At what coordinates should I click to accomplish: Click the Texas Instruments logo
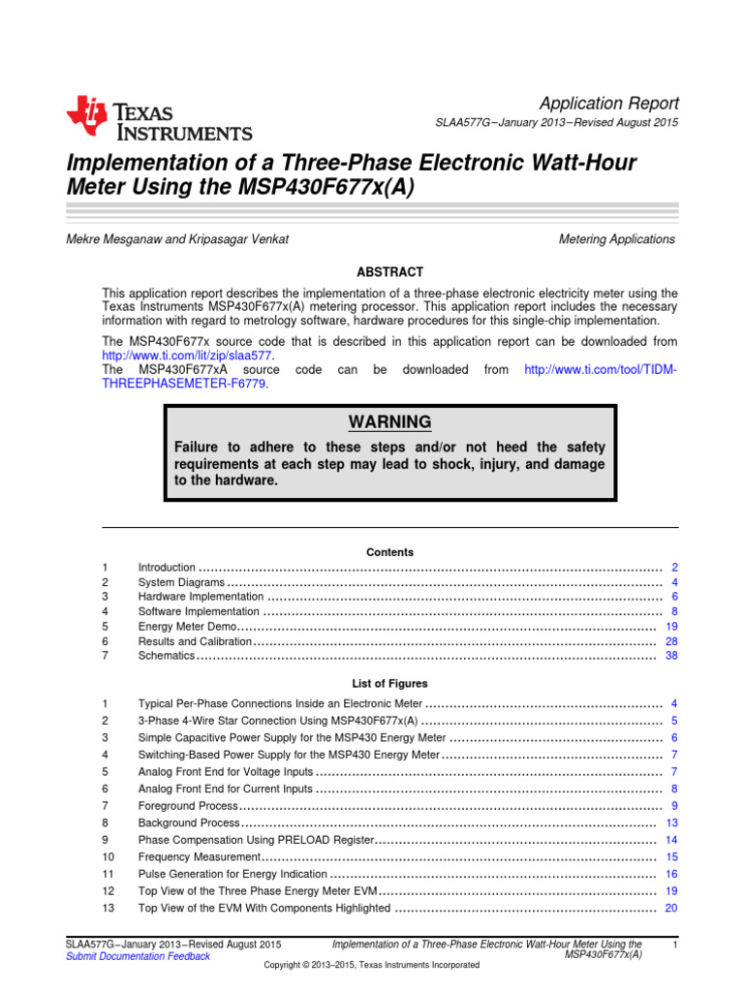coord(159,120)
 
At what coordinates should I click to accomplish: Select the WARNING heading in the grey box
coord(389,422)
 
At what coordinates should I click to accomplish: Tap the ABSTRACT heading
coord(389,272)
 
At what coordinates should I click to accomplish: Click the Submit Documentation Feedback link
coord(137,956)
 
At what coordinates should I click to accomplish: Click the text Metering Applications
coord(617,239)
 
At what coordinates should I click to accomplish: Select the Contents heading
coord(389,552)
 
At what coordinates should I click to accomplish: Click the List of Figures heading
coord(389,684)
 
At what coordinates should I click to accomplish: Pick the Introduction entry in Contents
coord(167,568)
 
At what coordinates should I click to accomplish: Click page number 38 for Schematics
coord(671,656)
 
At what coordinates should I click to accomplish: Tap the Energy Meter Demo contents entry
coord(187,627)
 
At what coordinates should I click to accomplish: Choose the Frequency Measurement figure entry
coord(200,857)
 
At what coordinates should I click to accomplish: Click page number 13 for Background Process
coord(671,822)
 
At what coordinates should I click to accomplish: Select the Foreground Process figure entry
coord(188,806)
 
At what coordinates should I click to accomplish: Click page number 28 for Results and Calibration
coord(671,641)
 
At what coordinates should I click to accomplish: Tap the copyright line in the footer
coord(371,966)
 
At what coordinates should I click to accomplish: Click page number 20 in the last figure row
coord(671,908)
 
